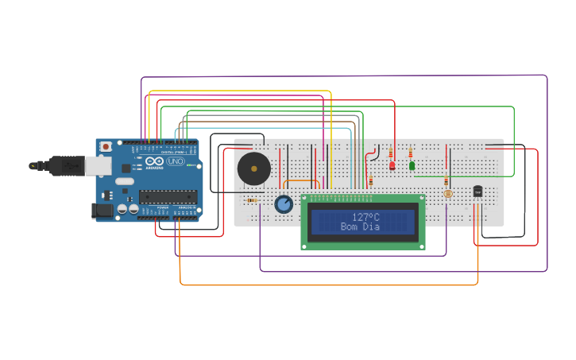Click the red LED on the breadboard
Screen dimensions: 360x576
392,165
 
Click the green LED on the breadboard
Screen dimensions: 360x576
412,165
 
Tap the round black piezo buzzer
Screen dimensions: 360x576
253,168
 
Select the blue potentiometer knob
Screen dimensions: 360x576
284,204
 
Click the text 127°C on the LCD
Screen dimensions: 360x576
365,217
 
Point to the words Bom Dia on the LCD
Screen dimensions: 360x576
360,227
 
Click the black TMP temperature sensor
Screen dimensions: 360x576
477,191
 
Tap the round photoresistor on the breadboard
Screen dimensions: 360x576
448,193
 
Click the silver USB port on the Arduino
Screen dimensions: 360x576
98,165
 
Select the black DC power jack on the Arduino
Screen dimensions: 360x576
102,211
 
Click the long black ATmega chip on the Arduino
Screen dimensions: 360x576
168,196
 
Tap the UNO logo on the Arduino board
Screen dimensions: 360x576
176,161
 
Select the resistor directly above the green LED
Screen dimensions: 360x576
411,153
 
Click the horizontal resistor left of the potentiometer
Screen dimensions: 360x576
252,200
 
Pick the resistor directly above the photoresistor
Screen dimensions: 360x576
446,181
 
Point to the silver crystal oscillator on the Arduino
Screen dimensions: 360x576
125,181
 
